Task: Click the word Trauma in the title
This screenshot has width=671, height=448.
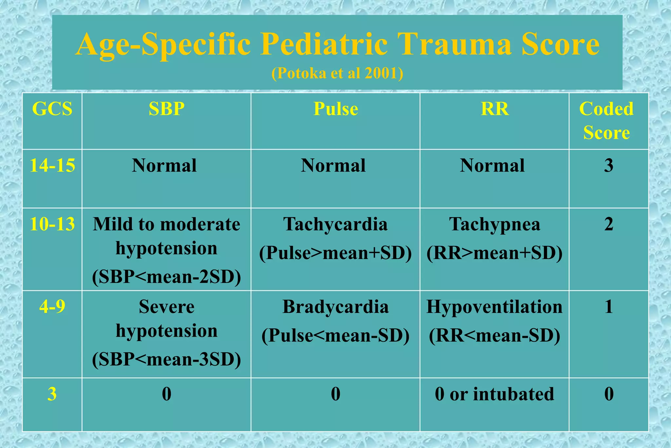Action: [x=455, y=44]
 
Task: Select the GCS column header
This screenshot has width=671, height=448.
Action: [x=52, y=109]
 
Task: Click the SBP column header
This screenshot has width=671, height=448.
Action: [x=166, y=109]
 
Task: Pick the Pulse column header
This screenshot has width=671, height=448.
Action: [x=335, y=109]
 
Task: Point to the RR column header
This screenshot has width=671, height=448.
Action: [x=494, y=109]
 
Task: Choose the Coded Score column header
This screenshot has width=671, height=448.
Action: [x=606, y=121]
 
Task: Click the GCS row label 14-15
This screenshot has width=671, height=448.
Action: [x=52, y=165]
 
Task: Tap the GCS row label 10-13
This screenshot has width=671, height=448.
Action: [x=52, y=224]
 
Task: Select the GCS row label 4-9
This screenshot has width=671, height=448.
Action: [x=52, y=307]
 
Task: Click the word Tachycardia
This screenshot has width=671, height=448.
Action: [x=335, y=225]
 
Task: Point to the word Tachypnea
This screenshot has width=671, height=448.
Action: [x=494, y=225]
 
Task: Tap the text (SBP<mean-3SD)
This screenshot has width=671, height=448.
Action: [x=166, y=359]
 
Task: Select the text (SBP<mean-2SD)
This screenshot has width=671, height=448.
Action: [x=166, y=277]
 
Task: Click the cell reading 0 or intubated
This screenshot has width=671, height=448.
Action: [x=494, y=394]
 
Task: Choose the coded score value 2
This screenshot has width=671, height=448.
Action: [x=609, y=225]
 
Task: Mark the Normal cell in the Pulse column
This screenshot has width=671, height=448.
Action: [x=333, y=166]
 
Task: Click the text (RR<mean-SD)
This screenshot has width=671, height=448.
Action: [x=494, y=336]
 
